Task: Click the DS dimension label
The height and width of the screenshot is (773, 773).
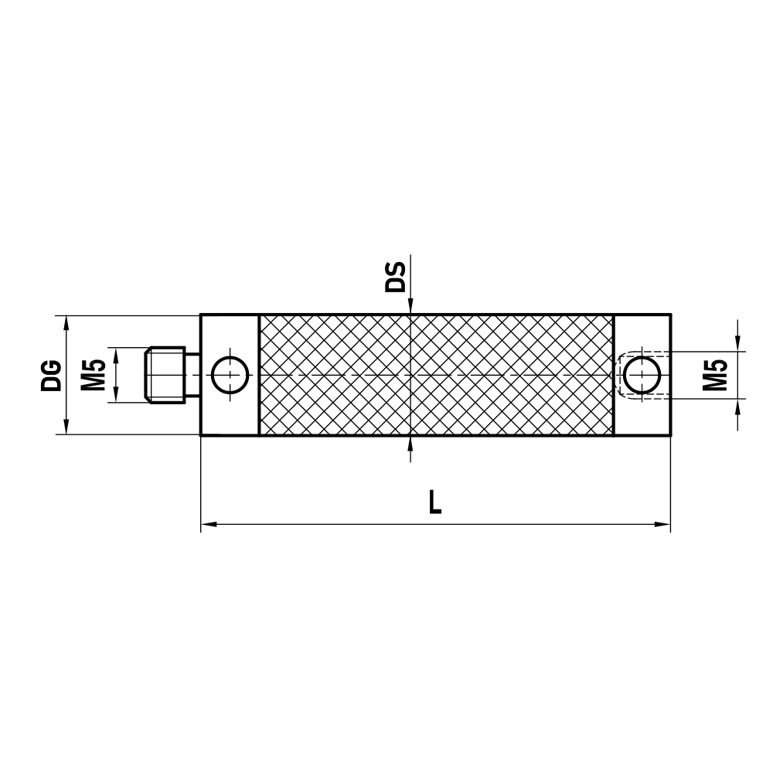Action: (396, 277)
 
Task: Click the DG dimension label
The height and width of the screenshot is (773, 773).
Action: (51, 375)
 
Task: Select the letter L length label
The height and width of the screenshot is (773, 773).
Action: (435, 503)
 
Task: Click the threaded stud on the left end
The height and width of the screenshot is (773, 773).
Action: (166, 375)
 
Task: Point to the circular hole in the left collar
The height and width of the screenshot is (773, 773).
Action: (230, 375)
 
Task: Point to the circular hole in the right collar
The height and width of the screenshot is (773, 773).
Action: (642, 375)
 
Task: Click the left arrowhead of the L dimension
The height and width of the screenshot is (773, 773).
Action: (208, 525)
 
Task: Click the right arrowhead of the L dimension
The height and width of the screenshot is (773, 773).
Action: (662, 525)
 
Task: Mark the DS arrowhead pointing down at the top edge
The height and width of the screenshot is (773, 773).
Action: (410, 308)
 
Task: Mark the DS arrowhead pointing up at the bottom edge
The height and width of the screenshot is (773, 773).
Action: (410, 443)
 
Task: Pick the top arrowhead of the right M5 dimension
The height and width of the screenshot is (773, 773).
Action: (740, 345)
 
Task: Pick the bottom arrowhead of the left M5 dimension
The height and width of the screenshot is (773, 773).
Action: (115, 395)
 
